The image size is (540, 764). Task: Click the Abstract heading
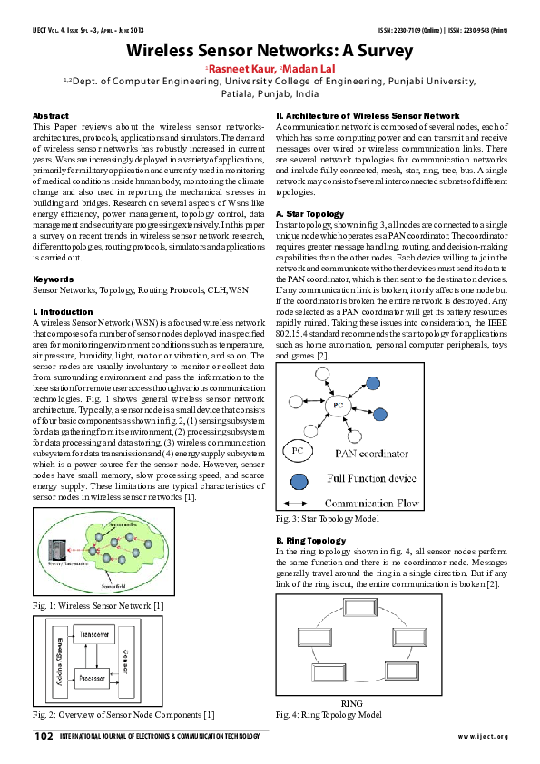[x=50, y=117]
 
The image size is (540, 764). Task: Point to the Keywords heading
[x=53, y=278]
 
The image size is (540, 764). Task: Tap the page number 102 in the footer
[x=43, y=736]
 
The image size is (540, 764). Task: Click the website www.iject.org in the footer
[x=483, y=736]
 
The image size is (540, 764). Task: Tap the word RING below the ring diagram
[x=350, y=704]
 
